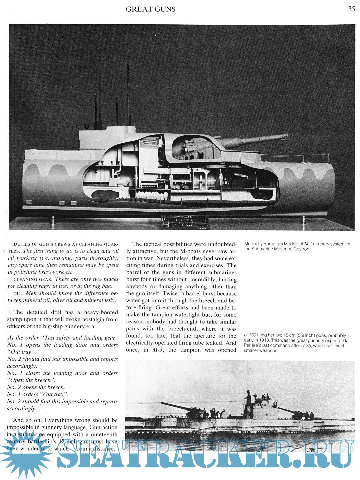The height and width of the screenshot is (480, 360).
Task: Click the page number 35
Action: (351, 9)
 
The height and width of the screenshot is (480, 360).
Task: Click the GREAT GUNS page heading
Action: (150, 9)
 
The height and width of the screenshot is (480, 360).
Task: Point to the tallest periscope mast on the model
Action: (128, 93)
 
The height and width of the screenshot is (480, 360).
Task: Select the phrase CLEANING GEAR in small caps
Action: (32, 279)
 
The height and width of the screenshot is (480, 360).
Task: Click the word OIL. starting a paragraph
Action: (18, 293)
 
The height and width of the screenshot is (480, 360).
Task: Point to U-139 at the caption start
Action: (250, 335)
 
